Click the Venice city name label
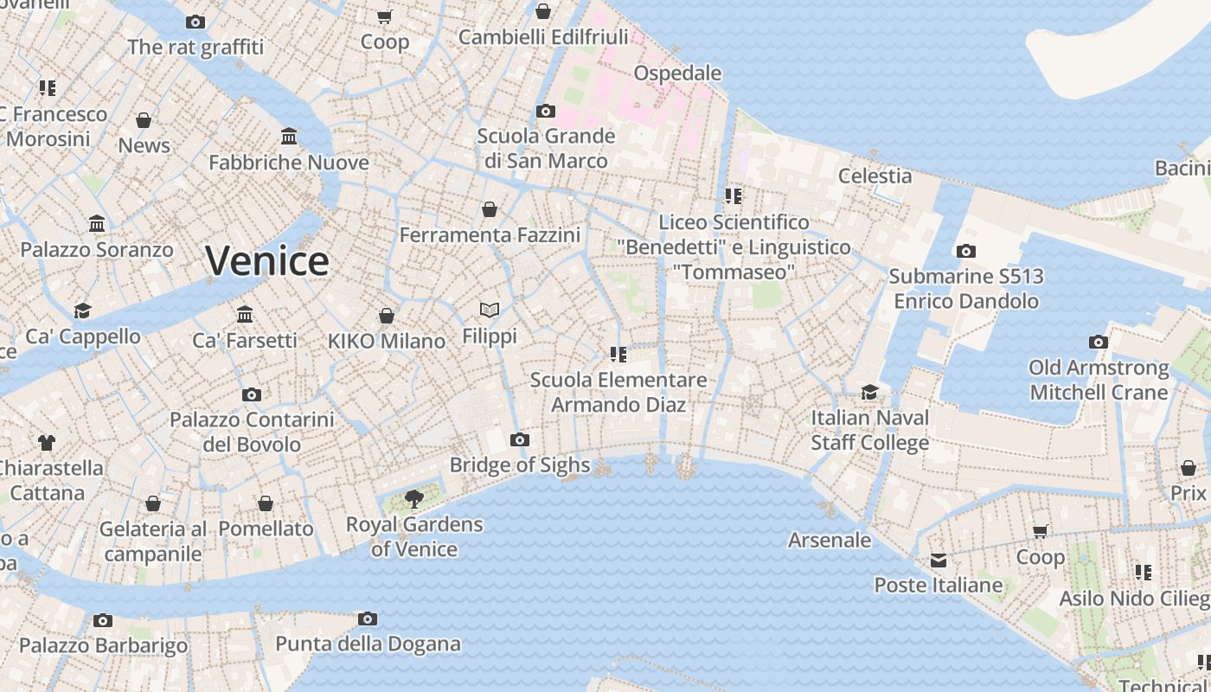tap(267, 260)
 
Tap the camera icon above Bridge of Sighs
tap(520, 440)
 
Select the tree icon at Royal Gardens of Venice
tap(414, 498)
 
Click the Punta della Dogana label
tap(368, 644)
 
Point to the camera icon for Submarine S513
tap(966, 252)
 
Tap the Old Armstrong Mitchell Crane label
tap(1099, 380)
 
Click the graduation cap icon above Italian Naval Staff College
tap(870, 392)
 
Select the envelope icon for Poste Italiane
tap(939, 561)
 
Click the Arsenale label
tap(830, 540)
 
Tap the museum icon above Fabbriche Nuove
tap(289, 137)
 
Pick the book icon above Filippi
tap(490, 310)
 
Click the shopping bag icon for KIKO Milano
tap(387, 316)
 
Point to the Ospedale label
tap(677, 73)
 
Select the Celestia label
tap(875, 176)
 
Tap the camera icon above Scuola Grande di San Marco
tap(546, 111)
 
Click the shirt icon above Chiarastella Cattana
tap(47, 443)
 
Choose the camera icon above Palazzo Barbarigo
tap(103, 620)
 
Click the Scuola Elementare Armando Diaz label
tap(618, 392)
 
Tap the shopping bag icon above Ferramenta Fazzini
tap(490, 209)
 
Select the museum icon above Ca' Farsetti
tap(245, 314)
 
